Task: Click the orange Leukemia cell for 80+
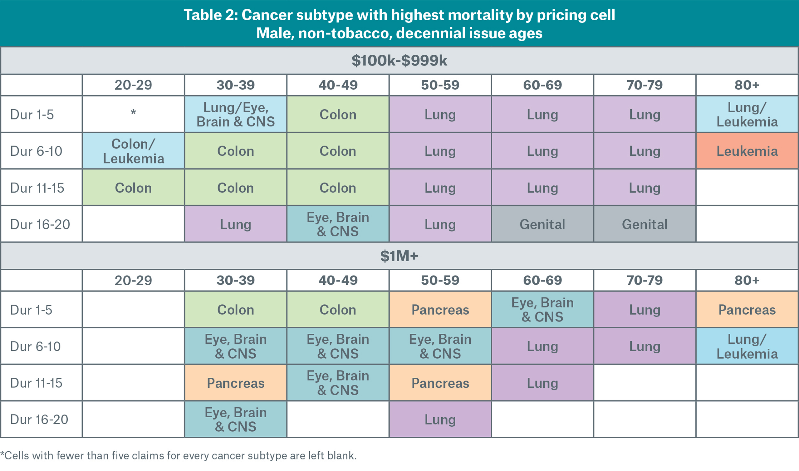pyautogui.click(x=747, y=151)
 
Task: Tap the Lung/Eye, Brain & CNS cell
pyautogui.click(x=235, y=115)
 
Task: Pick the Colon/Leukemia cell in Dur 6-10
pyautogui.click(x=133, y=151)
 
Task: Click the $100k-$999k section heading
pyautogui.click(x=399, y=61)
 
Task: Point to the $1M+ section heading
pyautogui.click(x=399, y=256)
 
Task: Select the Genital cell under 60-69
pyautogui.click(x=542, y=224)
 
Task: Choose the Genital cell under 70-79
pyautogui.click(x=645, y=224)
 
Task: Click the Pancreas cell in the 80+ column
pyautogui.click(x=747, y=310)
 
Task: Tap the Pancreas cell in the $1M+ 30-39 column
pyautogui.click(x=235, y=383)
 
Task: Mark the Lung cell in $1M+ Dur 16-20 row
pyautogui.click(x=440, y=419)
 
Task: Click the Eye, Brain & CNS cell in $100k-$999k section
pyautogui.click(x=338, y=224)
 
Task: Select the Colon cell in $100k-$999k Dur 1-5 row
pyautogui.click(x=338, y=115)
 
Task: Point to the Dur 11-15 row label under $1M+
pyautogui.click(x=36, y=383)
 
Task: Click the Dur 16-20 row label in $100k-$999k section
pyautogui.click(x=40, y=224)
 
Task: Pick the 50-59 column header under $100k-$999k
pyautogui.click(x=440, y=85)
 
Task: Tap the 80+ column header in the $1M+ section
pyautogui.click(x=747, y=280)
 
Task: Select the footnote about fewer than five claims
pyautogui.click(x=179, y=456)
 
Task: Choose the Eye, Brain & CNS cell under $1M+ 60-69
pyautogui.click(x=542, y=310)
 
